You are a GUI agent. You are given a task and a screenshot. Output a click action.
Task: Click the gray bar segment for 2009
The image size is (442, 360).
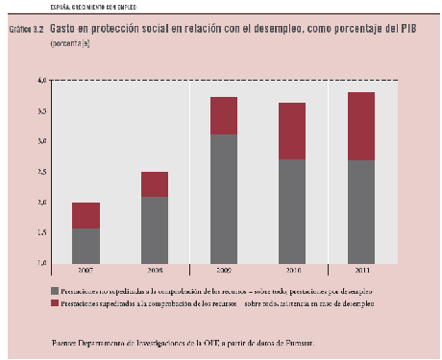tap(223, 198)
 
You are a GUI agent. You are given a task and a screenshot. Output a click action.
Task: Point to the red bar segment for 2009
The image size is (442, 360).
tap(223, 115)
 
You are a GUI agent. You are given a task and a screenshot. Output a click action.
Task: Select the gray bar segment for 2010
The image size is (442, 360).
tap(291, 210)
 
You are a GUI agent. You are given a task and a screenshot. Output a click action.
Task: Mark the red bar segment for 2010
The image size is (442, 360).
tap(291, 131)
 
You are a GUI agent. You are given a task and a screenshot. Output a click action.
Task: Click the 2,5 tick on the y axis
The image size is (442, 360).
tap(41, 173)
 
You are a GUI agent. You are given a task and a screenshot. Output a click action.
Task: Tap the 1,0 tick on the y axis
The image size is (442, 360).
tap(41, 262)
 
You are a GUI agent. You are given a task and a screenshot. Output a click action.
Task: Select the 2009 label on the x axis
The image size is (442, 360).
tap(222, 271)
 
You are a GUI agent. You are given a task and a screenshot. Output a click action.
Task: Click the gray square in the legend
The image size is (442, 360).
tap(55, 290)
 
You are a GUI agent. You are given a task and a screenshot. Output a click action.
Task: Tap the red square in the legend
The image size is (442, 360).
tap(55, 302)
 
